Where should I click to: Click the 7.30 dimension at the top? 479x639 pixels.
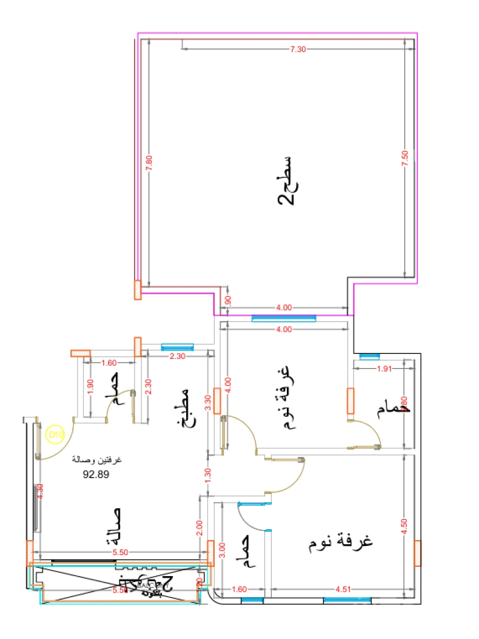[298, 49]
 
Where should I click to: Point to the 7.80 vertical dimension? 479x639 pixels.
[150, 162]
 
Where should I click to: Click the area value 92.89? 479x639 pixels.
[96, 474]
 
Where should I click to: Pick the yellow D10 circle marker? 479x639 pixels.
[55, 434]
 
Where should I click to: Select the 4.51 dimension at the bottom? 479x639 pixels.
[343, 590]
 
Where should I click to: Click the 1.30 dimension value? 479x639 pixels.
[208, 474]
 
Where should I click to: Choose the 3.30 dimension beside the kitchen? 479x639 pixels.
[208, 403]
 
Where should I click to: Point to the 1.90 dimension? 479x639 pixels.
[90, 387]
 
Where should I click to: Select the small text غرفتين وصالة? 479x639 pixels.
[97, 461]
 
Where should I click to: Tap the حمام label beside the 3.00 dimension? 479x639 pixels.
[245, 551]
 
